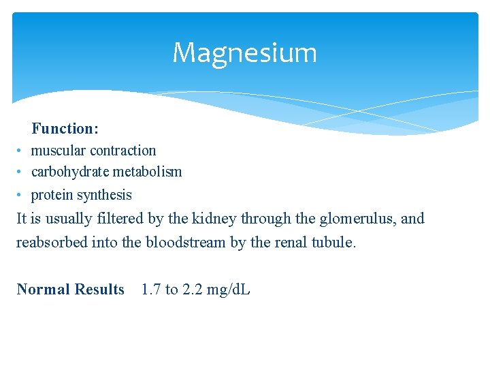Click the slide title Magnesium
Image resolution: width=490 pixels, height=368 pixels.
click(x=244, y=52)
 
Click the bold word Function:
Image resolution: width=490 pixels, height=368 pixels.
click(x=65, y=128)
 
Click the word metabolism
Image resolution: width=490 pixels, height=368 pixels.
click(x=148, y=172)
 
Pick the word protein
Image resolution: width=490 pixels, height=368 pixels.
click(x=52, y=195)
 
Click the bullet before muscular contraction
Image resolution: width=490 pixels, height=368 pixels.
click(x=21, y=151)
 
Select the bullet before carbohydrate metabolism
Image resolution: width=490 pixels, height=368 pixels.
click(x=21, y=172)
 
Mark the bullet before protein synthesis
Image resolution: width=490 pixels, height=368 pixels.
click(x=21, y=195)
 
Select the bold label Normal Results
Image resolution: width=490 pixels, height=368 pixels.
click(x=71, y=290)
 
